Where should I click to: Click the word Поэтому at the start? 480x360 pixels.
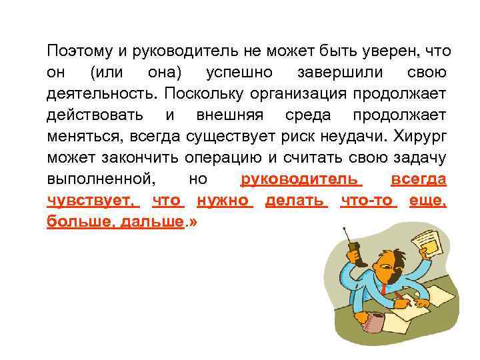tap(75, 51)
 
